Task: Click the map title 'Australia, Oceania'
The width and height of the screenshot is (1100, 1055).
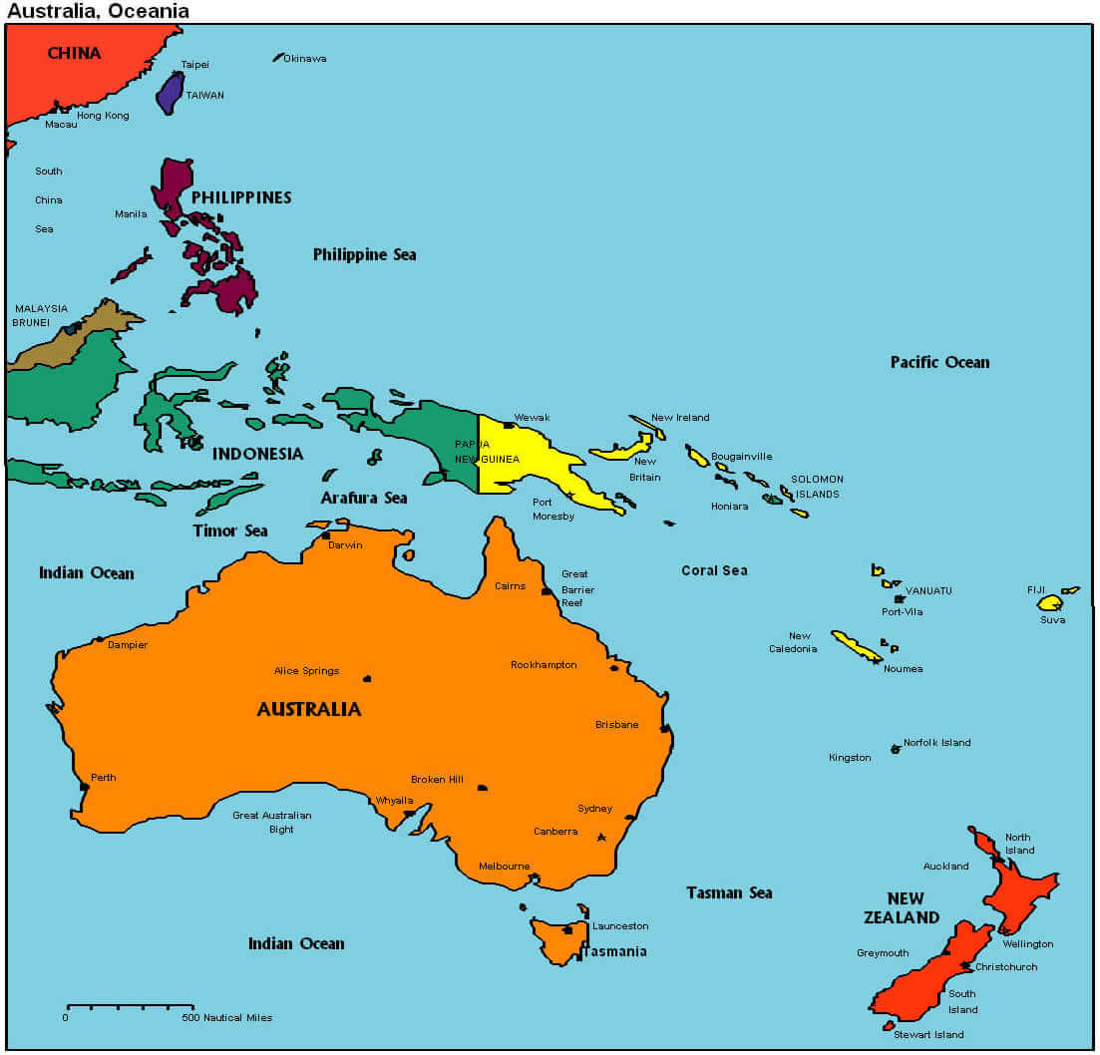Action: [x=98, y=11]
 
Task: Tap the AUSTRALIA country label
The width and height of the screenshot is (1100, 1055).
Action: [x=309, y=709]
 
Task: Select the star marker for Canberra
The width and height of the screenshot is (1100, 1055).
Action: [x=601, y=838]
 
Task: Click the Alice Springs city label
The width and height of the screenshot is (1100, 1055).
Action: [x=306, y=671]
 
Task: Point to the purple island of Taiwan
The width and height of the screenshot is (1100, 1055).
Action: [x=170, y=92]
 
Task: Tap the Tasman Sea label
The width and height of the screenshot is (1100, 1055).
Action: [x=729, y=892]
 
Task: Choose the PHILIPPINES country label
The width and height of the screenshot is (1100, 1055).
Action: [x=241, y=197]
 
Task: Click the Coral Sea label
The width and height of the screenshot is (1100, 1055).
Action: [x=714, y=570]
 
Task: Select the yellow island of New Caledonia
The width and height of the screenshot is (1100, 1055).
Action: [x=856, y=646]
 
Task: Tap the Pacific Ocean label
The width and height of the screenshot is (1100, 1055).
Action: [x=939, y=362]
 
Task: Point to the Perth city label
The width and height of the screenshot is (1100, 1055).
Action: [x=103, y=778]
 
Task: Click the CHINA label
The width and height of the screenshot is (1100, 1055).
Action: [x=74, y=53]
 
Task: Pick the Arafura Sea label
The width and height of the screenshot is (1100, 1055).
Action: [x=363, y=498]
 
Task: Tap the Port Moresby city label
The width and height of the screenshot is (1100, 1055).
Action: [x=553, y=509]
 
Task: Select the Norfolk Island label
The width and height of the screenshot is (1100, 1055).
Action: [x=936, y=743]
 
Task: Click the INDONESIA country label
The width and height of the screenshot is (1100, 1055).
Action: [x=257, y=454]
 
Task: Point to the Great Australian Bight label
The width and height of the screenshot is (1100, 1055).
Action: [x=272, y=822]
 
